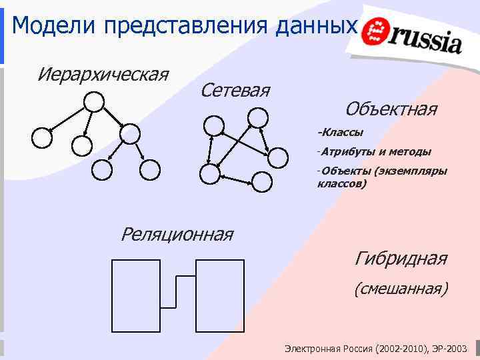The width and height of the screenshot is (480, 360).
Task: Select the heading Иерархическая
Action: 103,73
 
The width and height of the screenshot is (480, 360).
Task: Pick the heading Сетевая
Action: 235,89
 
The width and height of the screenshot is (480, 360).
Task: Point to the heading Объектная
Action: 391,109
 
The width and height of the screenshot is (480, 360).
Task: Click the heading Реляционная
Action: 177,235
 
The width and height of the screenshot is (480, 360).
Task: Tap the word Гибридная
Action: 401,258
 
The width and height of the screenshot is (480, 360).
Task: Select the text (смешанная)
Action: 401,289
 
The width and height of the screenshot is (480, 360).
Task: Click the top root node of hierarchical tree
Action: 94,101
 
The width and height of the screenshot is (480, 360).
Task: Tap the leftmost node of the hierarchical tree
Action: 42,137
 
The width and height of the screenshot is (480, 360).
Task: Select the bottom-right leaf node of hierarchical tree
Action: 150,170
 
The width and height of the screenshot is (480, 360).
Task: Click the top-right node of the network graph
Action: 257,119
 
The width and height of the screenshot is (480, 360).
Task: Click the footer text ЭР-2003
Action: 453,349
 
